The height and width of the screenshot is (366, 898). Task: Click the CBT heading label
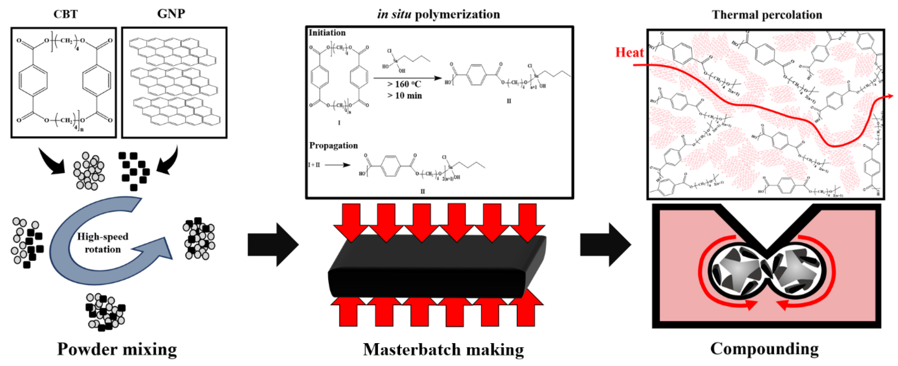tap(66, 14)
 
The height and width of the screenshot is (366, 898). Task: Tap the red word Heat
tap(629, 52)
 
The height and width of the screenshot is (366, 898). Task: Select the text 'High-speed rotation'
tap(102, 243)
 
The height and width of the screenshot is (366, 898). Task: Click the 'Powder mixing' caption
tap(117, 349)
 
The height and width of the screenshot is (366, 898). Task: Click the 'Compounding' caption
tap(764, 349)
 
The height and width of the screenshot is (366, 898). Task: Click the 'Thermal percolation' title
tap(767, 15)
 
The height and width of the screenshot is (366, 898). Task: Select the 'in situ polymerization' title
tap(439, 14)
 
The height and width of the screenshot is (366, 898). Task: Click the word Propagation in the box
tap(333, 145)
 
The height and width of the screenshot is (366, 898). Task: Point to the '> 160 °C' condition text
tap(404, 84)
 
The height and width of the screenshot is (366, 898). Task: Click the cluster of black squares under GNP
tap(134, 171)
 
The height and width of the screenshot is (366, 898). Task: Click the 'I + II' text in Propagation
tap(314, 165)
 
